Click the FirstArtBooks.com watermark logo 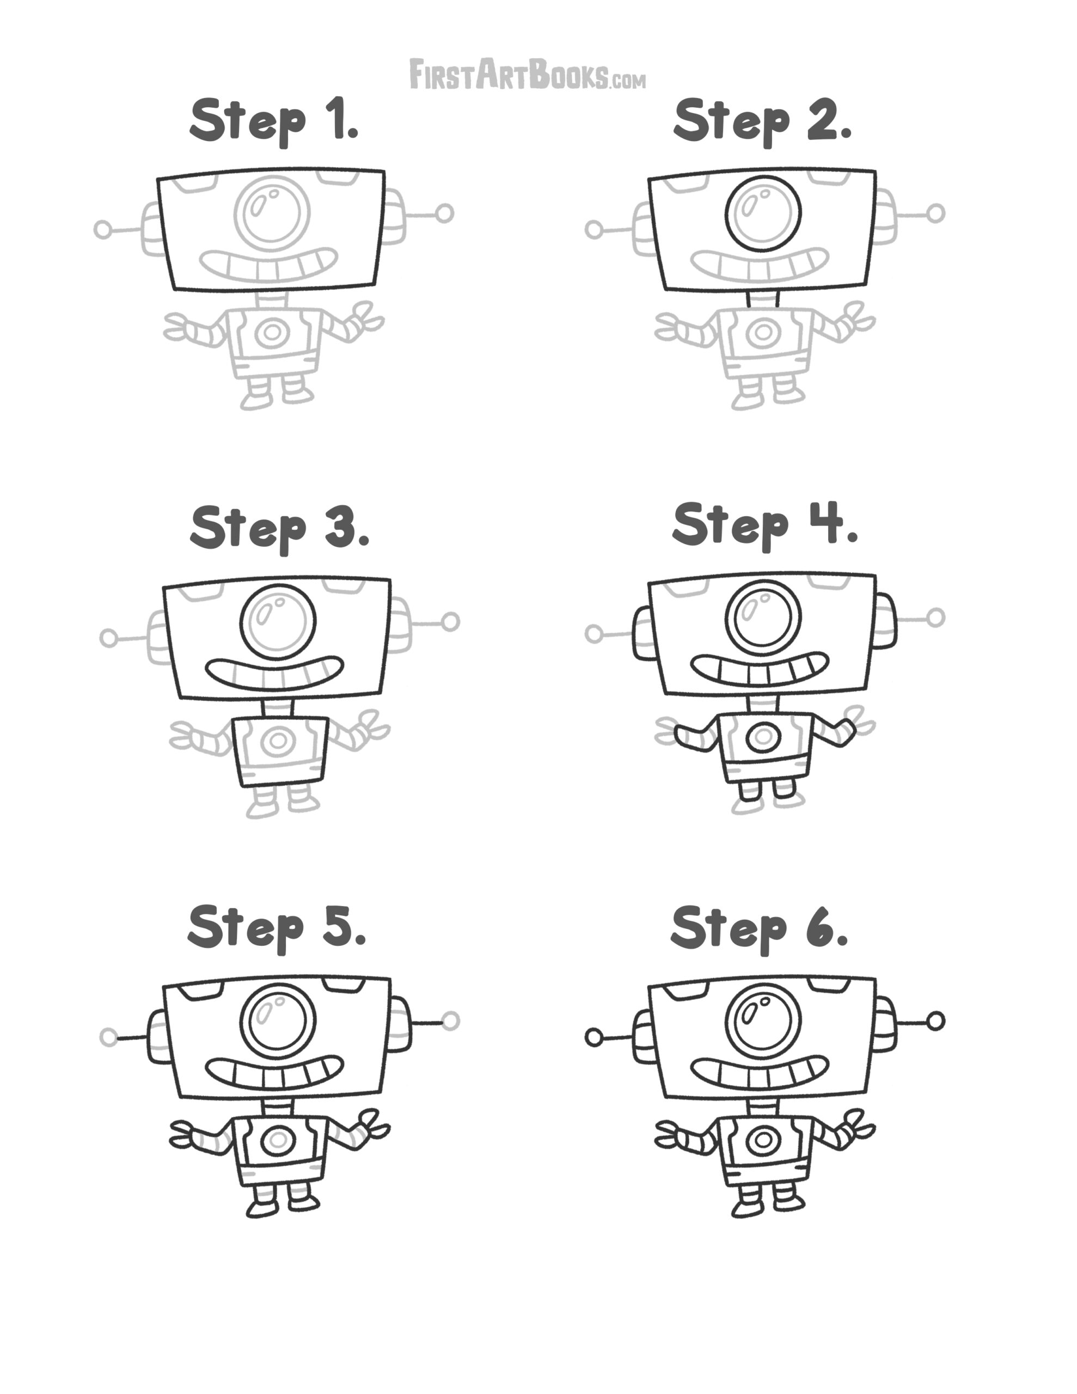point(527,75)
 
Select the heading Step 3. point(280,528)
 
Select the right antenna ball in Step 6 point(935,1021)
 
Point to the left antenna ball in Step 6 point(593,1038)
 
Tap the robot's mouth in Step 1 point(268,265)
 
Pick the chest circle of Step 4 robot point(763,737)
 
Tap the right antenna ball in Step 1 point(445,213)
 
